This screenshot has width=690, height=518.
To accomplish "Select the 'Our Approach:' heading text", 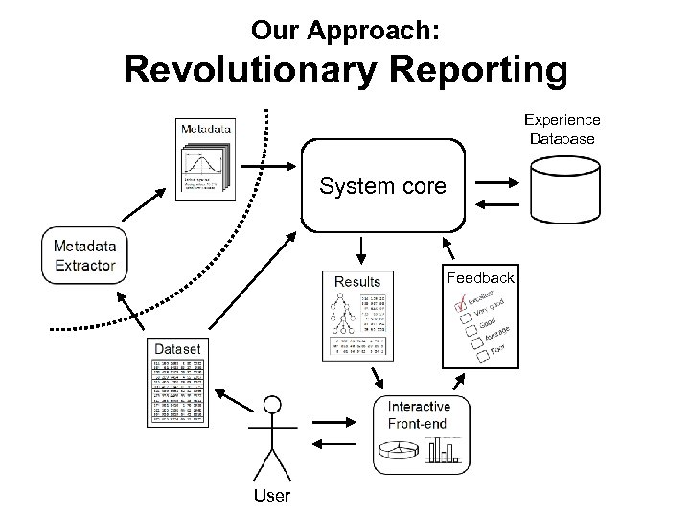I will (x=345, y=30).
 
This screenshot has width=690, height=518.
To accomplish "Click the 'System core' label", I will (x=383, y=185).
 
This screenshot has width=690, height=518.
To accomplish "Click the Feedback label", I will (x=480, y=277).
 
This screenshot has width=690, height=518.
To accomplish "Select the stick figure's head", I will (x=274, y=405).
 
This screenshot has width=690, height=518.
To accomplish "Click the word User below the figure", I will (x=274, y=495).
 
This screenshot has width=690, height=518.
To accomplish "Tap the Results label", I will (x=356, y=281).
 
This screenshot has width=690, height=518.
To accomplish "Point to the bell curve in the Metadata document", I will (x=202, y=157).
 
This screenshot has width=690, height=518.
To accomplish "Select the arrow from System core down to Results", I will (x=361, y=250).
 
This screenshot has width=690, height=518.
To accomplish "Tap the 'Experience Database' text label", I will (x=562, y=129).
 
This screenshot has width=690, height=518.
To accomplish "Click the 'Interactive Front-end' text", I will (x=419, y=414).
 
